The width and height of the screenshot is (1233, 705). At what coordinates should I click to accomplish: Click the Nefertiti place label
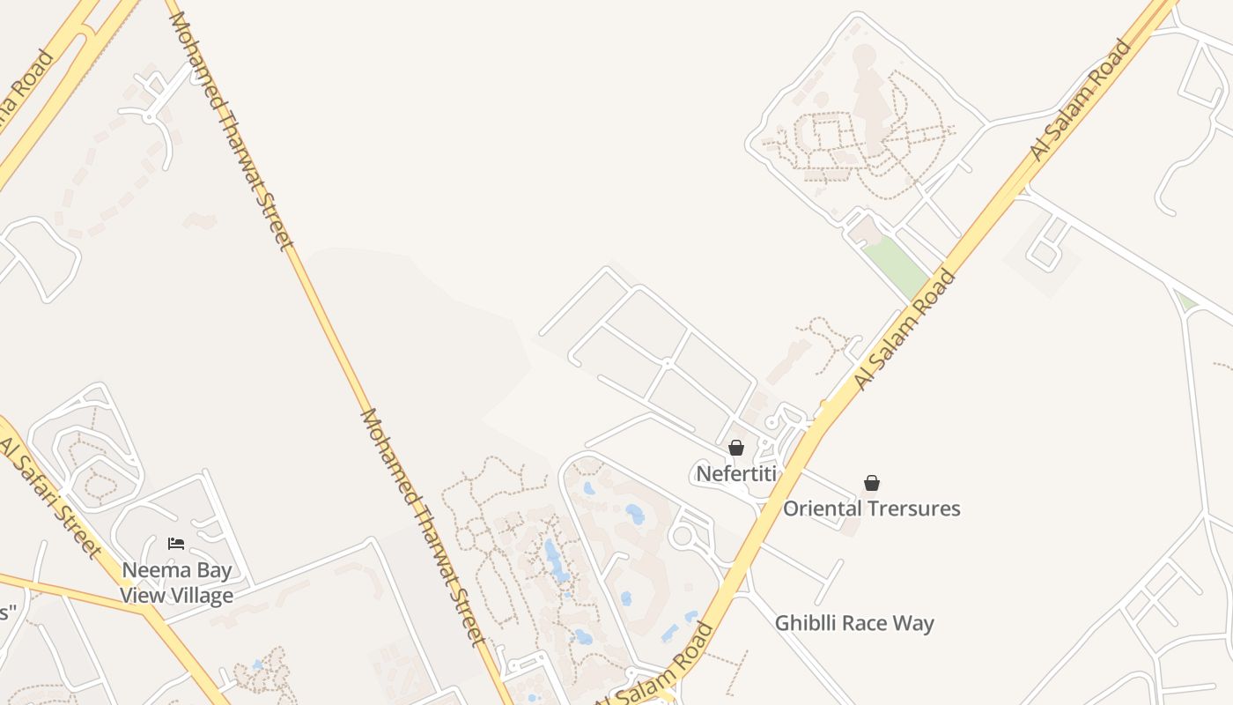(x=736, y=474)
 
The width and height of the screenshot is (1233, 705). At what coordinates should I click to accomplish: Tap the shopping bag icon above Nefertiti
(x=736, y=449)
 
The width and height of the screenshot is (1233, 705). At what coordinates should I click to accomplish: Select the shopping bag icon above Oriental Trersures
(x=872, y=483)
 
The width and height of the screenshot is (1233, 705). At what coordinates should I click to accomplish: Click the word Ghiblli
(x=805, y=624)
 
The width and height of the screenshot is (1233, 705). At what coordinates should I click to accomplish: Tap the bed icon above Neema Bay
(x=176, y=544)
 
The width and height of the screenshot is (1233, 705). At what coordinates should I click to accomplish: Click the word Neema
(x=152, y=570)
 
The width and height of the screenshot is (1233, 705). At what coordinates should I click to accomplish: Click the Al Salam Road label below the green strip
(x=904, y=330)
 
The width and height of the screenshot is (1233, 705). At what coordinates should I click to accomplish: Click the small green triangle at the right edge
(x=1186, y=302)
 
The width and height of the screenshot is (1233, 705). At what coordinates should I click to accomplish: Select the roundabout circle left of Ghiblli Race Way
(x=682, y=535)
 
